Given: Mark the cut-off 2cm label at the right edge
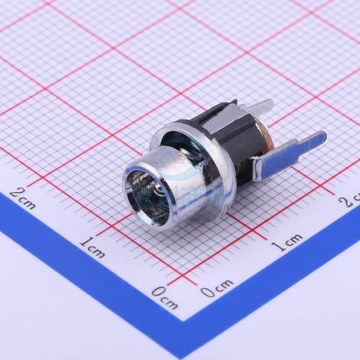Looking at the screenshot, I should [352, 197].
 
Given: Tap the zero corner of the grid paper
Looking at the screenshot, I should [186, 279].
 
